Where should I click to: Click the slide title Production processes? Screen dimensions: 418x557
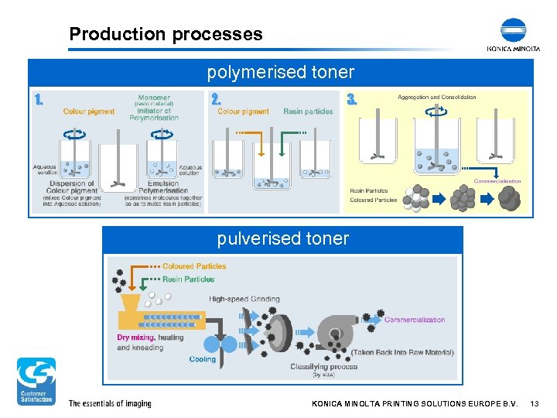[166, 34]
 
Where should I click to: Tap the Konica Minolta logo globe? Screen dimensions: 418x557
[513, 31]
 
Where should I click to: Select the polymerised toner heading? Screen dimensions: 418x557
[280, 73]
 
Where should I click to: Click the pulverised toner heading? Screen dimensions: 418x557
[282, 238]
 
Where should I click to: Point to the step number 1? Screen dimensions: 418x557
[39, 100]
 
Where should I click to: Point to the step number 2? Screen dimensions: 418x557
[216, 100]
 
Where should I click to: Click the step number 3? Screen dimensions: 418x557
[352, 100]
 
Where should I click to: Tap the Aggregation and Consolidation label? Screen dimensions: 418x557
[436, 98]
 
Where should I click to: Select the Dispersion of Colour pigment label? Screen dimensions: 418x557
[72, 187]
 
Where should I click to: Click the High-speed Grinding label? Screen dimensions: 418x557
[244, 300]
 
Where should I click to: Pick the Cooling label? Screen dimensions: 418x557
[203, 359]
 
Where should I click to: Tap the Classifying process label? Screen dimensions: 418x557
[323, 367]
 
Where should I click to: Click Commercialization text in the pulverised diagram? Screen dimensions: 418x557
[415, 320]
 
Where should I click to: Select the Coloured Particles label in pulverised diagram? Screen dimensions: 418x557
[194, 266]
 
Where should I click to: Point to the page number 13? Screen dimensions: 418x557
[535, 403]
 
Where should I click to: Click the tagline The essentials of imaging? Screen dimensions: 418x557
[110, 403]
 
